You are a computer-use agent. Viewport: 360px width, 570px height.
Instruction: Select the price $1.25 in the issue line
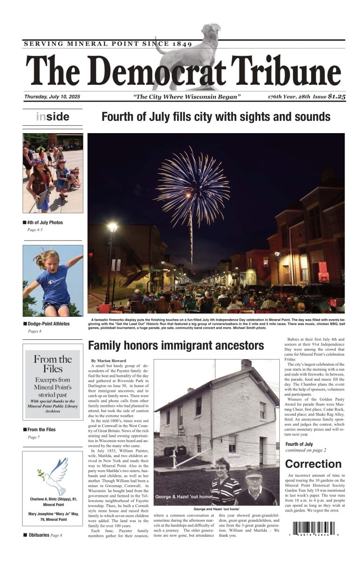click(337, 97)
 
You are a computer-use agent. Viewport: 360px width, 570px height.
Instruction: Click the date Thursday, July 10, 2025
click(52, 97)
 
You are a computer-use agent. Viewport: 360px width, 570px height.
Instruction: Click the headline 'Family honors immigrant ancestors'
click(176, 346)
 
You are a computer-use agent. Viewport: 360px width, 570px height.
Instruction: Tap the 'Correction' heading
click(313, 464)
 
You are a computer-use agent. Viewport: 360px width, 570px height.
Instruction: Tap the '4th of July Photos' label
click(45, 223)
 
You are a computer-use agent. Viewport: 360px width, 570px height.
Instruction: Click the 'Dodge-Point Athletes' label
click(48, 324)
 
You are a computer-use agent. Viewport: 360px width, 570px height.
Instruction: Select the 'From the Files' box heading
click(52, 364)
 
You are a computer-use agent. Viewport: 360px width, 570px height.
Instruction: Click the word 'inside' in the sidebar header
click(52, 117)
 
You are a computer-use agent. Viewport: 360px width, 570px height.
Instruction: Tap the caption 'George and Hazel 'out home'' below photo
click(217, 509)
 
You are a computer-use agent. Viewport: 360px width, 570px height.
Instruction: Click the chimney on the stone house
click(246, 364)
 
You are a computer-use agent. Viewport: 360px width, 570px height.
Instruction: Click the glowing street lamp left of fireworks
click(112, 227)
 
